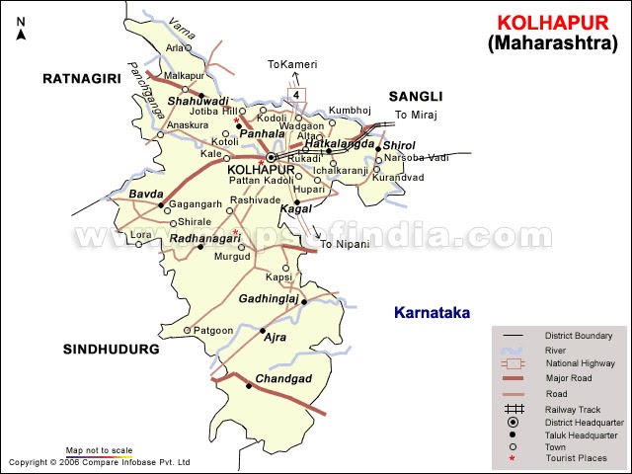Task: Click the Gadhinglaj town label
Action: (x=269, y=298)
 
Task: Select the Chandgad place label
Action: (x=283, y=379)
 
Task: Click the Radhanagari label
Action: (x=205, y=238)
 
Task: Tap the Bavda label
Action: (x=145, y=195)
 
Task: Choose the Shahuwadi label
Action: (x=197, y=101)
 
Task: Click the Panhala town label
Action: (x=262, y=132)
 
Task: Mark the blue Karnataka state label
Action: (x=432, y=313)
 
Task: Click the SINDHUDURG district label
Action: (x=111, y=350)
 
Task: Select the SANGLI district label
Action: (x=415, y=96)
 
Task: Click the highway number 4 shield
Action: (x=294, y=94)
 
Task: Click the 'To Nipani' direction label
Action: (x=345, y=244)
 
